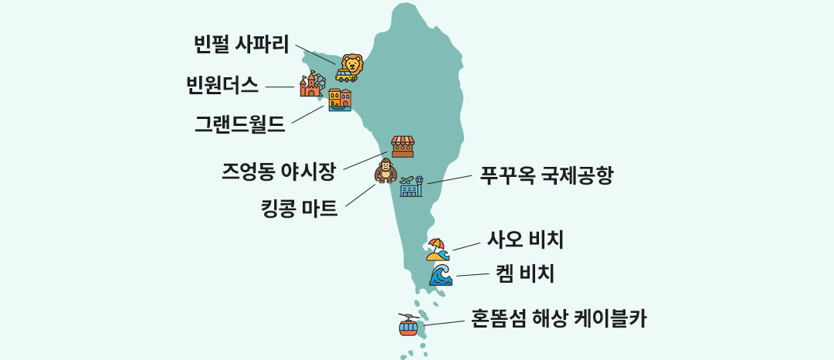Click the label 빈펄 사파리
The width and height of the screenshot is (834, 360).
pyautogui.click(x=241, y=45)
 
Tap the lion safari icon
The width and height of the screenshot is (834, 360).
pyautogui.click(x=348, y=67)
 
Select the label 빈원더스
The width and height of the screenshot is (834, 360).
pyautogui.click(x=222, y=85)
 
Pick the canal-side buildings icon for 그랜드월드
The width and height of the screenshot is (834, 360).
pyautogui.click(x=339, y=100)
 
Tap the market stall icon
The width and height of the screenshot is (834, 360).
pyautogui.click(x=402, y=146)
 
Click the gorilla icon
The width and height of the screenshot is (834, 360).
pyautogui.click(x=384, y=171)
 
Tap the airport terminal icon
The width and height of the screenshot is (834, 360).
pyautogui.click(x=412, y=185)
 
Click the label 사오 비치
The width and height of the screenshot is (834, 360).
pyautogui.click(x=524, y=240)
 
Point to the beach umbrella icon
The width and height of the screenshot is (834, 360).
pyautogui.click(x=436, y=249)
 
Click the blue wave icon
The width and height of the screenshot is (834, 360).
pyautogui.click(x=440, y=275)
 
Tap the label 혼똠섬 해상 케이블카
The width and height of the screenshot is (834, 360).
pyautogui.click(x=558, y=318)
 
